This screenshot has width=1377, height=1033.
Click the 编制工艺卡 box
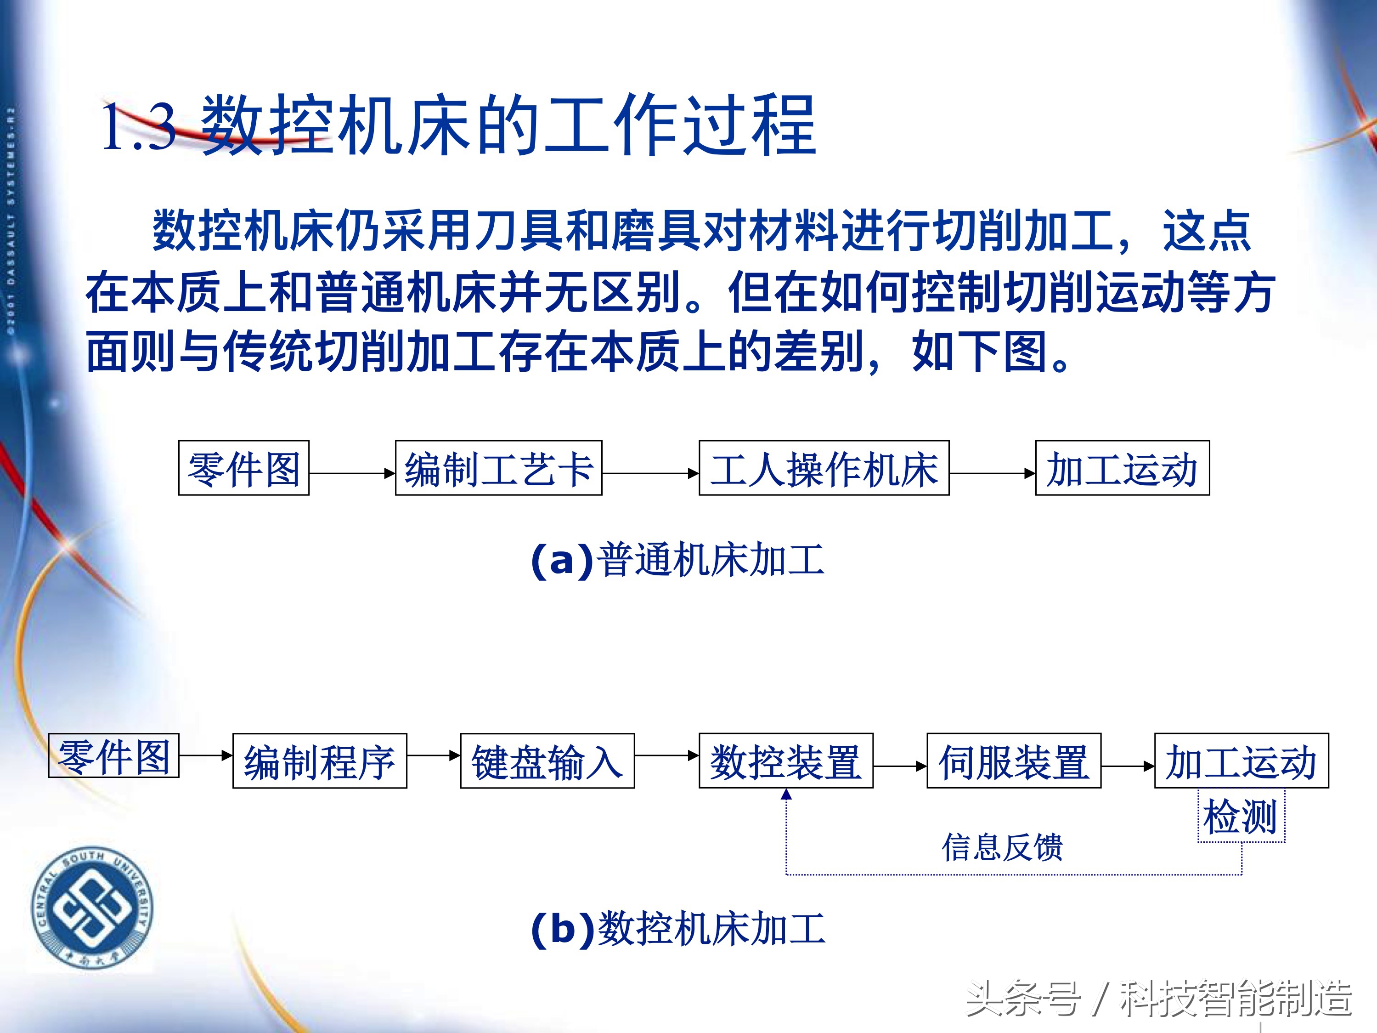pos(499,468)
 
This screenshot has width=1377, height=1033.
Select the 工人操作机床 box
pos(824,468)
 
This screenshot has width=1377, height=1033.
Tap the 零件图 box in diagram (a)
pos(243,468)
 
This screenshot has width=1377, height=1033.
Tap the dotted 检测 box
pos(1241,816)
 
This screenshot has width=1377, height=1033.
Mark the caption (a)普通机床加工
pos(677,560)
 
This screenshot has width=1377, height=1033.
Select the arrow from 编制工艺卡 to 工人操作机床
pos(650,473)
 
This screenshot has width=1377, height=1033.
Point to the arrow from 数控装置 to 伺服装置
pos(899,766)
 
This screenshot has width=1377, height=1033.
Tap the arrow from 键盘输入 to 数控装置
pos(666,755)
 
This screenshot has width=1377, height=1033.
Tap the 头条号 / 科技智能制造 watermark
pos(1158,998)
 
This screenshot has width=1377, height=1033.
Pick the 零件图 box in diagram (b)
pos(114,756)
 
